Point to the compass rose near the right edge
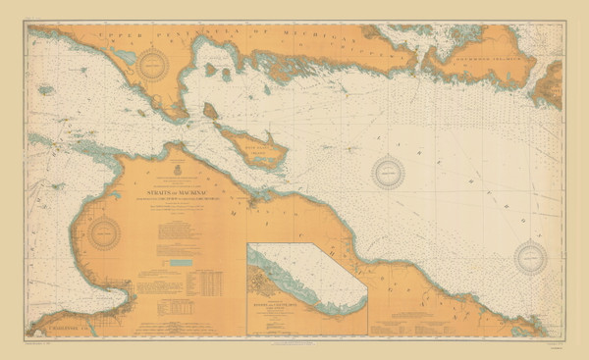(530, 257)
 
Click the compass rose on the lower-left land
(102, 233)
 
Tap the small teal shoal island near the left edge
(46, 90)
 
